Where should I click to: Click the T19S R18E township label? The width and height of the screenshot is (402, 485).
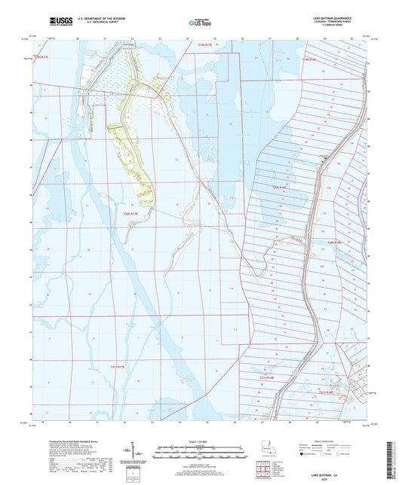(x=310, y=59)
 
